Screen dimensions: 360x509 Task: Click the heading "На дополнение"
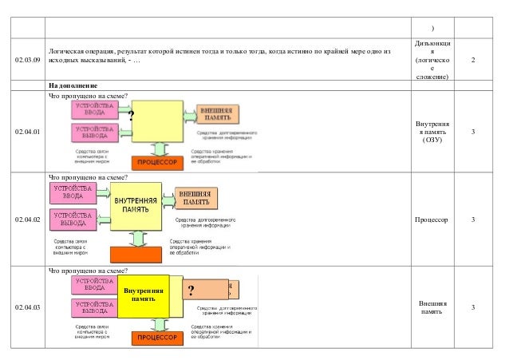click(x=73, y=85)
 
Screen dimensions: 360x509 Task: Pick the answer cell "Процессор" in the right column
click(x=432, y=219)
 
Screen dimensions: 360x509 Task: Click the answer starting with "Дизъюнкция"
click(x=432, y=57)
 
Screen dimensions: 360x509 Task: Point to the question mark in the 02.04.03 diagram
click(x=190, y=290)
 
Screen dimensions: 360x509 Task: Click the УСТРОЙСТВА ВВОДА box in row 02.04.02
click(x=73, y=192)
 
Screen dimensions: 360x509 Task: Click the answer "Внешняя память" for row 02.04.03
click(x=432, y=307)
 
